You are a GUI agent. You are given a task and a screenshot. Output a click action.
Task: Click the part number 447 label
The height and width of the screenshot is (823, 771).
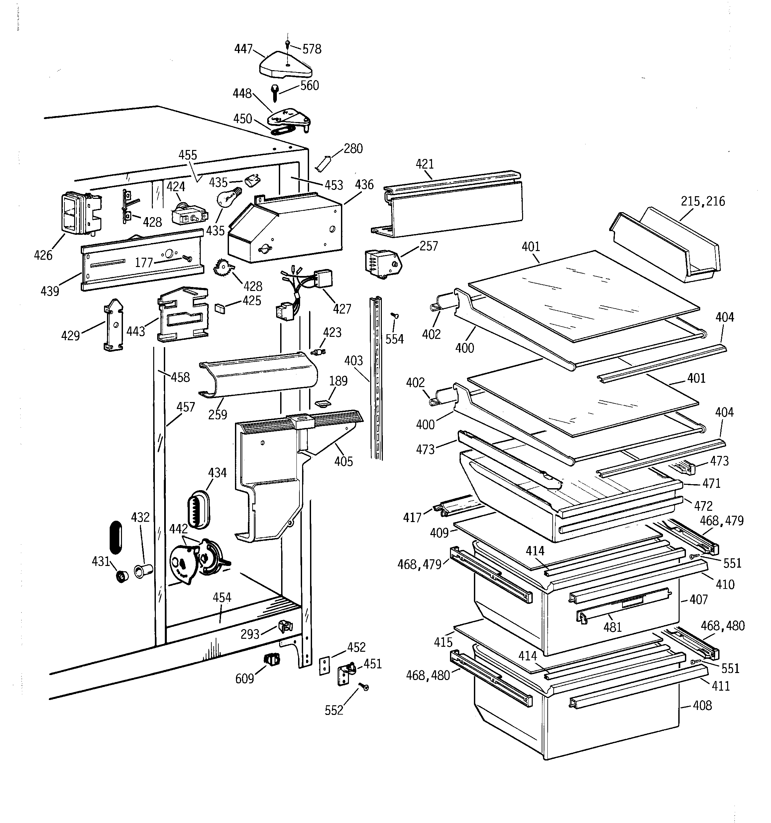point(243,49)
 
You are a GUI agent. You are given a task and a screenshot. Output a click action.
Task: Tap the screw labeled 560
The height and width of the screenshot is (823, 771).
point(275,92)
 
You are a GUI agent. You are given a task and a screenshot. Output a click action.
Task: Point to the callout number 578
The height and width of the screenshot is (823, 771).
point(312,49)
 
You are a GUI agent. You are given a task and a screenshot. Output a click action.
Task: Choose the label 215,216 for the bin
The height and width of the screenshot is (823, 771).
point(703,201)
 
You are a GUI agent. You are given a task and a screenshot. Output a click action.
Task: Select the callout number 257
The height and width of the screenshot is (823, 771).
point(428,246)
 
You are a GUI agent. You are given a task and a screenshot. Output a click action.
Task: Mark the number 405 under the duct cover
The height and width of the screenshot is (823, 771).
point(344,461)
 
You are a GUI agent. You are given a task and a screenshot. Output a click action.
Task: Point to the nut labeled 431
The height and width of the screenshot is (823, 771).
point(122,576)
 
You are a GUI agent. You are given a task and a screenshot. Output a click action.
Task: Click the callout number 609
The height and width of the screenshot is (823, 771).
point(244,679)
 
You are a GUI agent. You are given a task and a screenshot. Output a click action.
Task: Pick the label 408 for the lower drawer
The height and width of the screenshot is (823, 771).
point(702,705)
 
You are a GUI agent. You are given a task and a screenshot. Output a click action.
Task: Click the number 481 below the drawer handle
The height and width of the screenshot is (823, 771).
point(612,627)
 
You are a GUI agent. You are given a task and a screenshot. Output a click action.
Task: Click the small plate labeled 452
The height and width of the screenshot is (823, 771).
point(325,665)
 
